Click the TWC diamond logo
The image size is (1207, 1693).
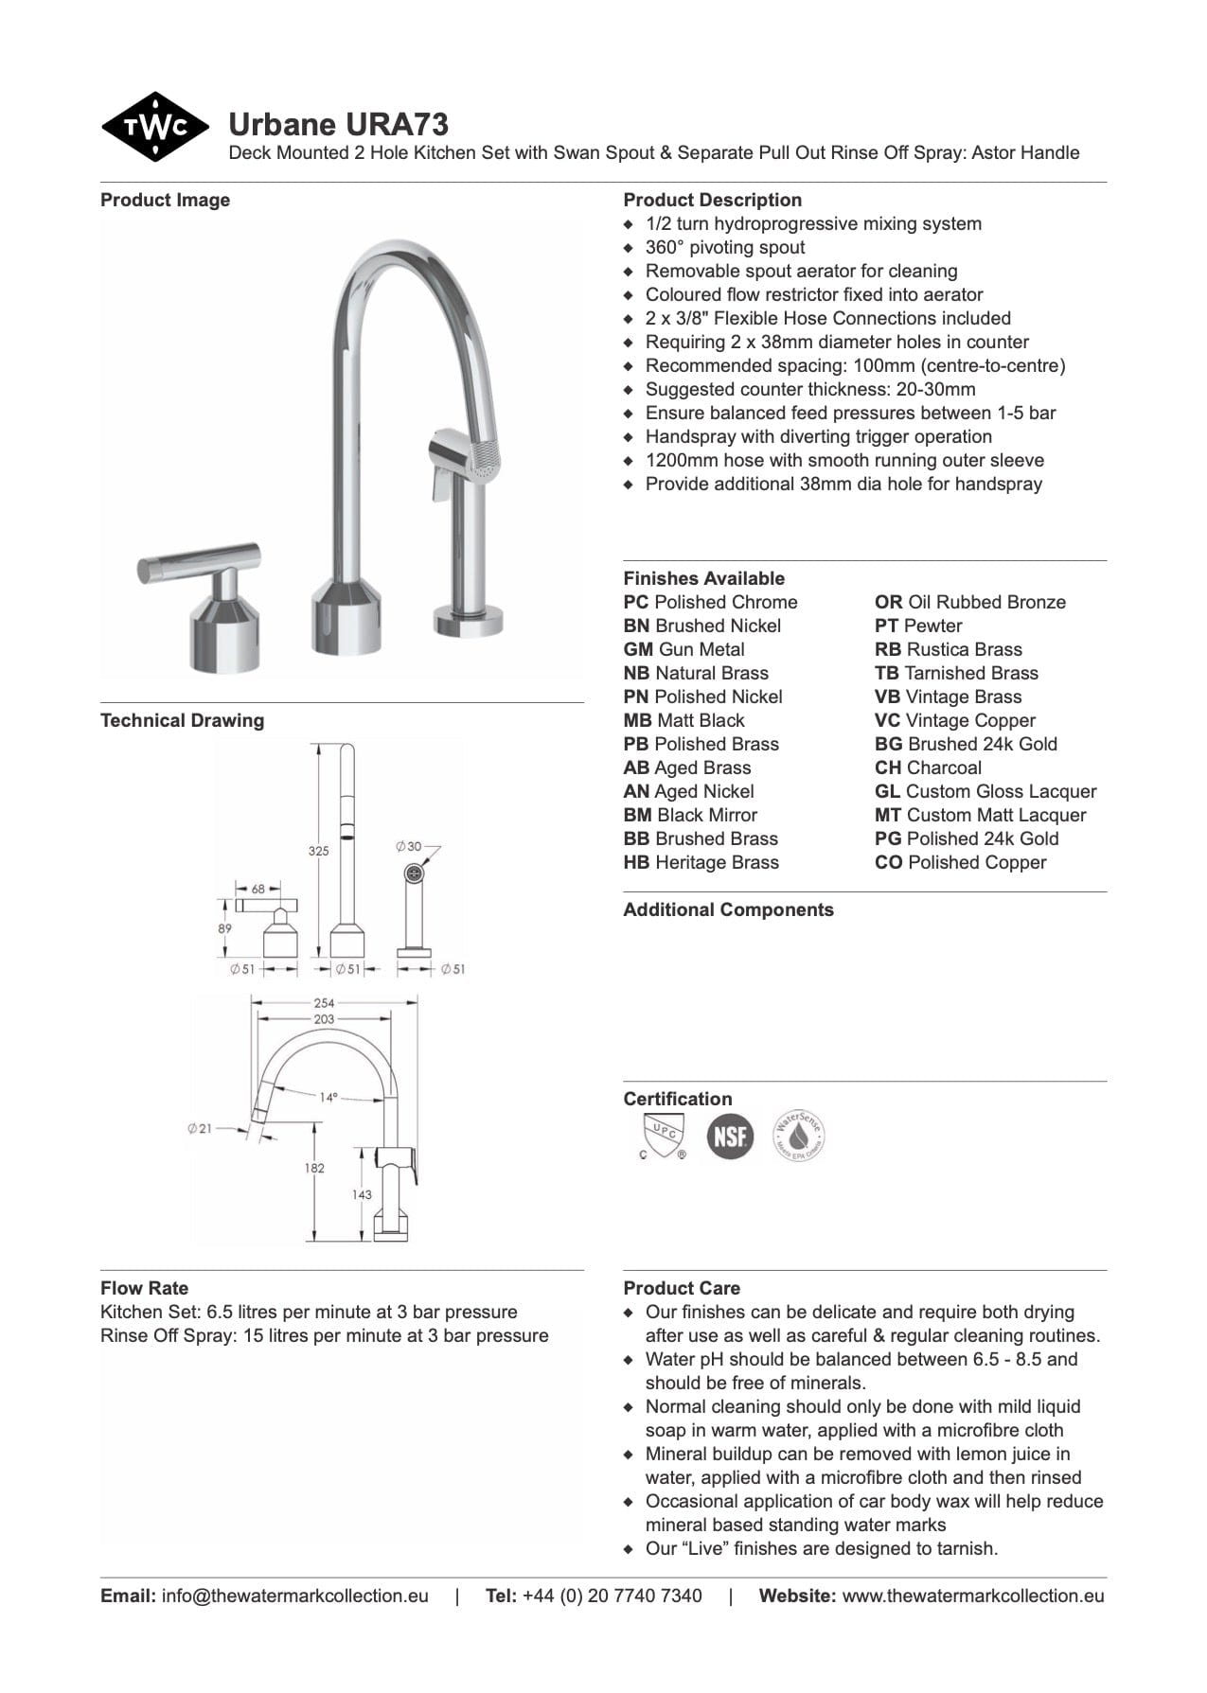tap(154, 127)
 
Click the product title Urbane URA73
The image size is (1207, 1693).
tap(338, 124)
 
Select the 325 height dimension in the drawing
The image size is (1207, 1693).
tap(318, 851)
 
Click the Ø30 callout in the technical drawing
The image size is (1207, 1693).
tap(409, 846)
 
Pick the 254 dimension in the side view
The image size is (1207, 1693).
tap(324, 1002)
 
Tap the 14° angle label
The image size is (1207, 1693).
tap(328, 1097)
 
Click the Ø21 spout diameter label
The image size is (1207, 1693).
tap(200, 1128)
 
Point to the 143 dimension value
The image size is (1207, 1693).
tap(362, 1194)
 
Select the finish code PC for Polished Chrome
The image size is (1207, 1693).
tap(635, 602)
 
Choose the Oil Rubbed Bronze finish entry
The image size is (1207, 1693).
tap(970, 602)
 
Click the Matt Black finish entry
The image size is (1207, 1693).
tap(684, 720)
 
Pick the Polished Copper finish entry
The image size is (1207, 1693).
tap(961, 862)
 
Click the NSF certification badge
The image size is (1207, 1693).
tap(730, 1135)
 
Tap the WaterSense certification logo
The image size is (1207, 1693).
tap(798, 1136)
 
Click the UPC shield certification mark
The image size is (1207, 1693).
tap(663, 1136)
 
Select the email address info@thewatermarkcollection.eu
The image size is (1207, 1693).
tap(294, 1596)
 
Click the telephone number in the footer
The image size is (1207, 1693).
tap(612, 1596)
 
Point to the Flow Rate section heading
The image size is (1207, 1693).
tap(144, 1288)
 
